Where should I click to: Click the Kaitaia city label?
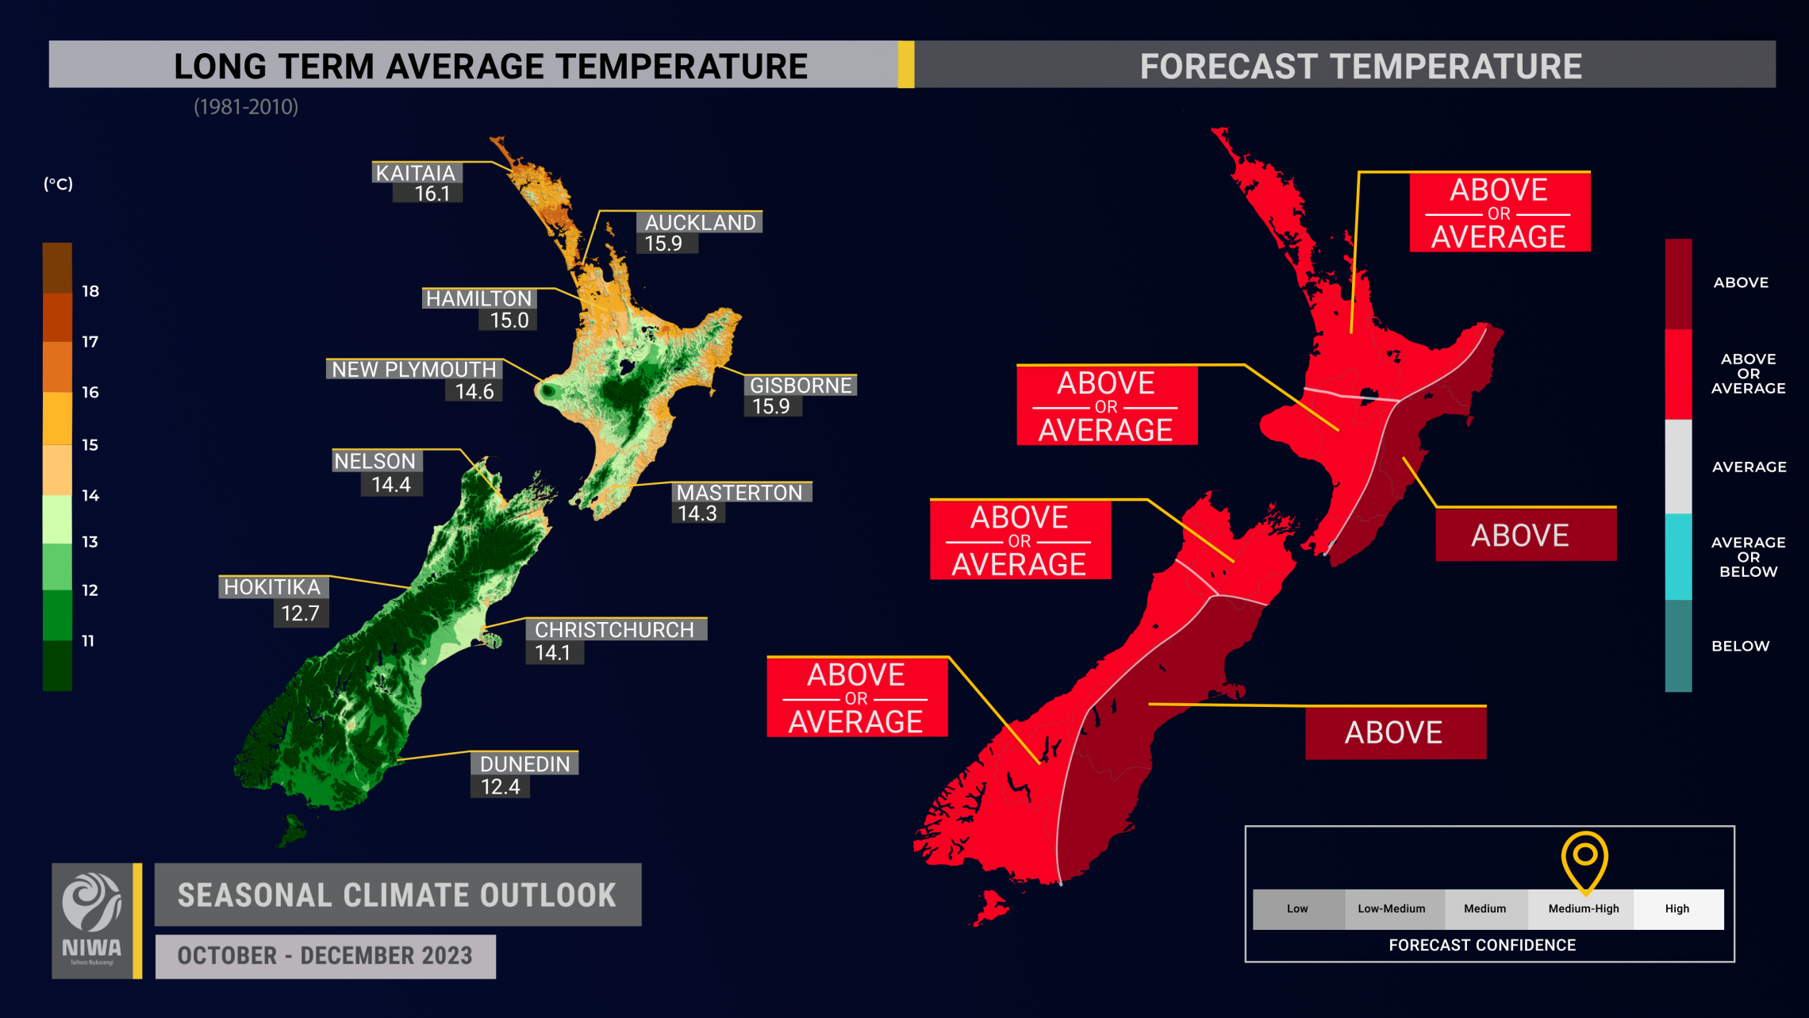pos(416,173)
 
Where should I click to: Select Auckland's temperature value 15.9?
pos(663,244)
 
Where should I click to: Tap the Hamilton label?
pos(478,298)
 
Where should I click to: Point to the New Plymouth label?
pos(413,369)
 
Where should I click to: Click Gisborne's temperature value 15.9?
pos(770,406)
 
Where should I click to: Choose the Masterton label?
pos(739,492)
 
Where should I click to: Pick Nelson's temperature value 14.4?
pos(391,484)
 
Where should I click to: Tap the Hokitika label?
pos(272,586)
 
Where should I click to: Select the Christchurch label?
pos(614,629)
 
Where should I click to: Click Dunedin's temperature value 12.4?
pos(500,786)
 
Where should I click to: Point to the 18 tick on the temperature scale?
pos(90,291)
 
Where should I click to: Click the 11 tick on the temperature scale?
pos(88,640)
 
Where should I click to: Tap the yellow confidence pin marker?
pos(1584,858)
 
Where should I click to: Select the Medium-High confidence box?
pos(1583,909)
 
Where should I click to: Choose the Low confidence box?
pos(1297,909)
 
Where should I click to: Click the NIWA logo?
pos(92,920)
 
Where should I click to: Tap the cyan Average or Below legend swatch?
pos(1678,556)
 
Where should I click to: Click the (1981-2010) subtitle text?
pos(246,107)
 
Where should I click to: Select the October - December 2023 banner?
pos(325,955)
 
